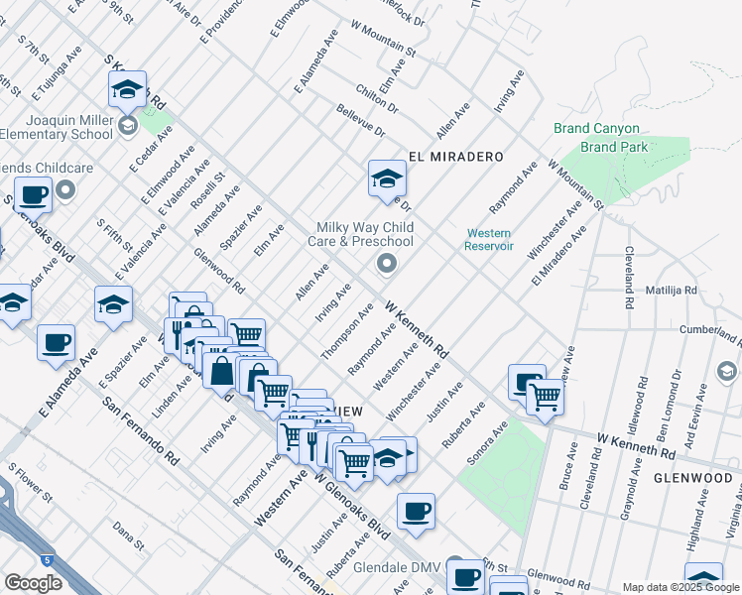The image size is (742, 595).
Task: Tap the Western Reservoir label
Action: pyautogui.click(x=489, y=239)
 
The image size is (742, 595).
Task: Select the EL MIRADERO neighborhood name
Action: pyautogui.click(x=456, y=157)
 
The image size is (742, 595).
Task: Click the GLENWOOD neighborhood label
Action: pyautogui.click(x=692, y=477)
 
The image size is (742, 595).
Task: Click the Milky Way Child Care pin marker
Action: pyautogui.click(x=386, y=263)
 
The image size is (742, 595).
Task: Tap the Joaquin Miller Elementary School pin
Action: pyautogui.click(x=128, y=125)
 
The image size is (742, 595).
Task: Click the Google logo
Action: pyautogui.click(x=33, y=583)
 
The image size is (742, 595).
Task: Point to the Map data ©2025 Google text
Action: pyautogui.click(x=680, y=587)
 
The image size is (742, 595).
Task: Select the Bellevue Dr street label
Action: pyautogui.click(x=359, y=121)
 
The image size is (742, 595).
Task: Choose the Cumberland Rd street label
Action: pyautogui.click(x=713, y=327)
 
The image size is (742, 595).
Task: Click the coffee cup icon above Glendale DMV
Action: pyautogui.click(x=416, y=512)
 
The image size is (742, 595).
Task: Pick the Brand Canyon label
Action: pyautogui.click(x=595, y=129)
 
